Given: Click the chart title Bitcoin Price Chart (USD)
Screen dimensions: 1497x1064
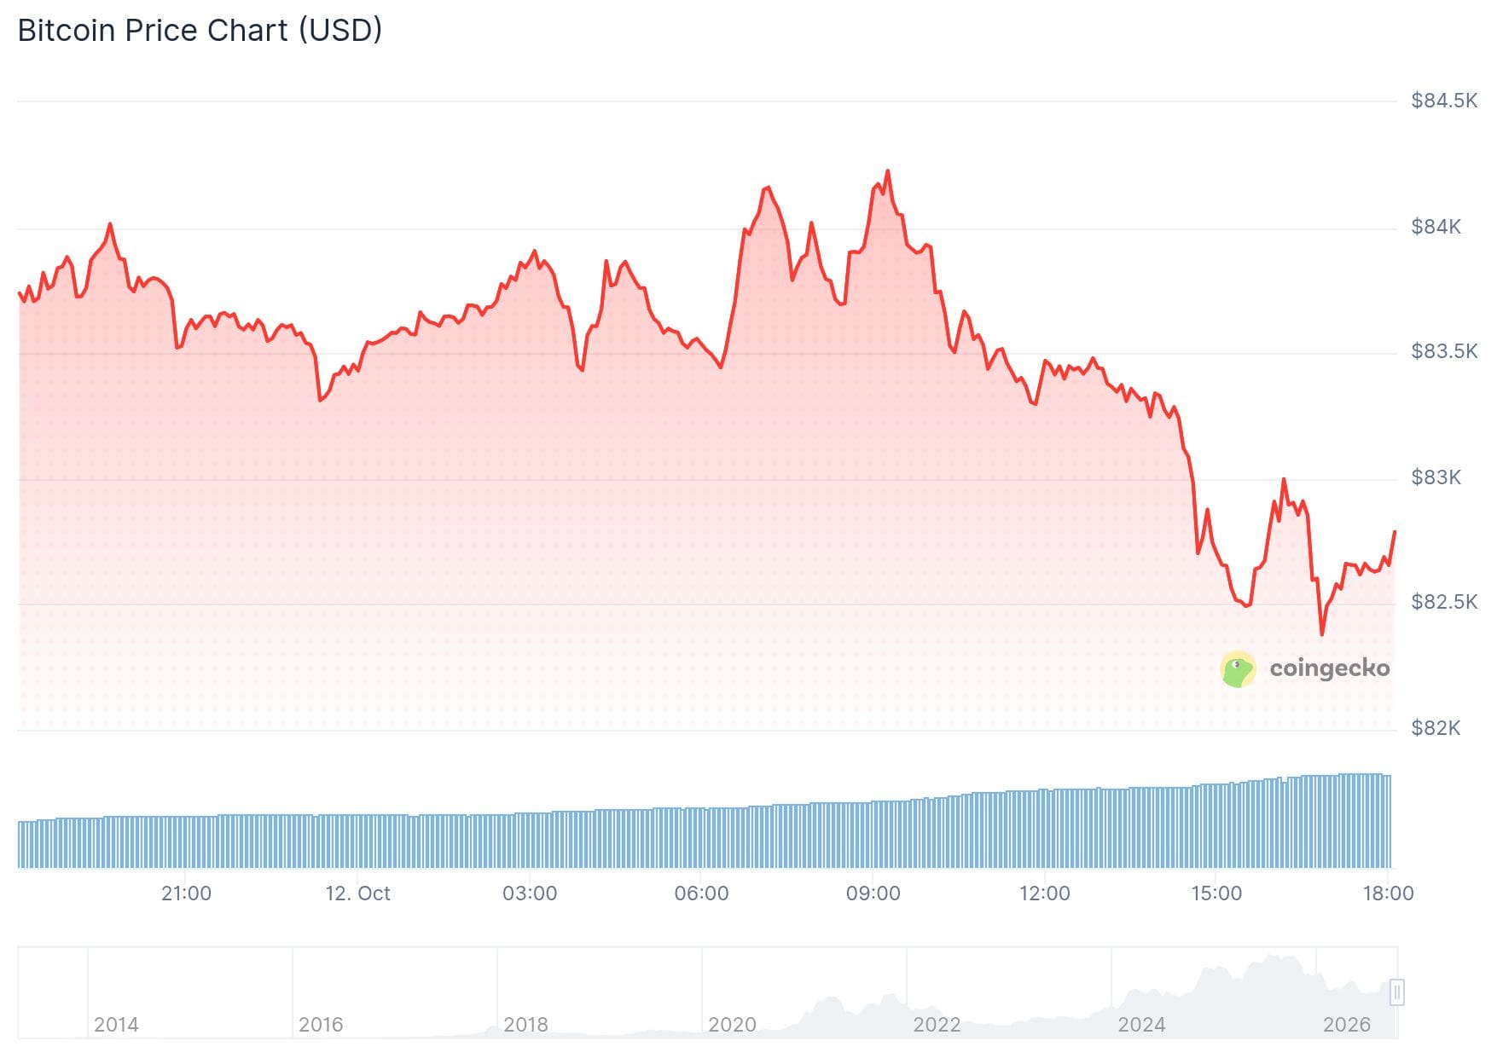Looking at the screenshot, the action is click(200, 31).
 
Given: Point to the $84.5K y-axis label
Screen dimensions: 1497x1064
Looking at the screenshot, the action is click(1444, 101).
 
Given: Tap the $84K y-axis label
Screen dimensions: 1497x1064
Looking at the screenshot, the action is click(1436, 227).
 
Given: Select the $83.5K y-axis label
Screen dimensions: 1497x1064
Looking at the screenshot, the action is click(1444, 351).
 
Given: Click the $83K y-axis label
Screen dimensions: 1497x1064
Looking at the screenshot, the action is click(1436, 477).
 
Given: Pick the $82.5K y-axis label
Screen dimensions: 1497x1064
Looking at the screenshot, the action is click(1444, 602).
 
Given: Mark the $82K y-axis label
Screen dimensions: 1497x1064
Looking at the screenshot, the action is click(1436, 728).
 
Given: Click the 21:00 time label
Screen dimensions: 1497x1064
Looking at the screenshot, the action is click(186, 893).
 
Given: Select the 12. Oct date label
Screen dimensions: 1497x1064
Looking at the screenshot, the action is click(357, 893).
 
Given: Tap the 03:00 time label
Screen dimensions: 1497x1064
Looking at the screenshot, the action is click(530, 893).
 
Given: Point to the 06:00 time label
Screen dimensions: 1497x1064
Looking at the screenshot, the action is click(701, 893).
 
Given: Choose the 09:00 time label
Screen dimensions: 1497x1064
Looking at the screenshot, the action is click(873, 893).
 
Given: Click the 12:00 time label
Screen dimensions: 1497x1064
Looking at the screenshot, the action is click(1045, 893).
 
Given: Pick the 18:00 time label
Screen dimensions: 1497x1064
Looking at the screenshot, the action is click(1388, 893).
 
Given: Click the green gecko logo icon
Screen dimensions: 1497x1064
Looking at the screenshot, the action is click(1238, 669).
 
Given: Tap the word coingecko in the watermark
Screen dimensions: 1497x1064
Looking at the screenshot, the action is click(1330, 668).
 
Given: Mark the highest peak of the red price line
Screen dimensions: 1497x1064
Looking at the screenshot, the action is click(888, 171).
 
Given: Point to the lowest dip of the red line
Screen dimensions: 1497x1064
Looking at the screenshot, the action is click(1322, 633).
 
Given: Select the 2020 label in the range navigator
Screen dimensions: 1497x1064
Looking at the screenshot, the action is click(732, 1024).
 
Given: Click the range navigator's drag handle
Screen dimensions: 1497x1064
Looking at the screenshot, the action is click(1396, 992).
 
